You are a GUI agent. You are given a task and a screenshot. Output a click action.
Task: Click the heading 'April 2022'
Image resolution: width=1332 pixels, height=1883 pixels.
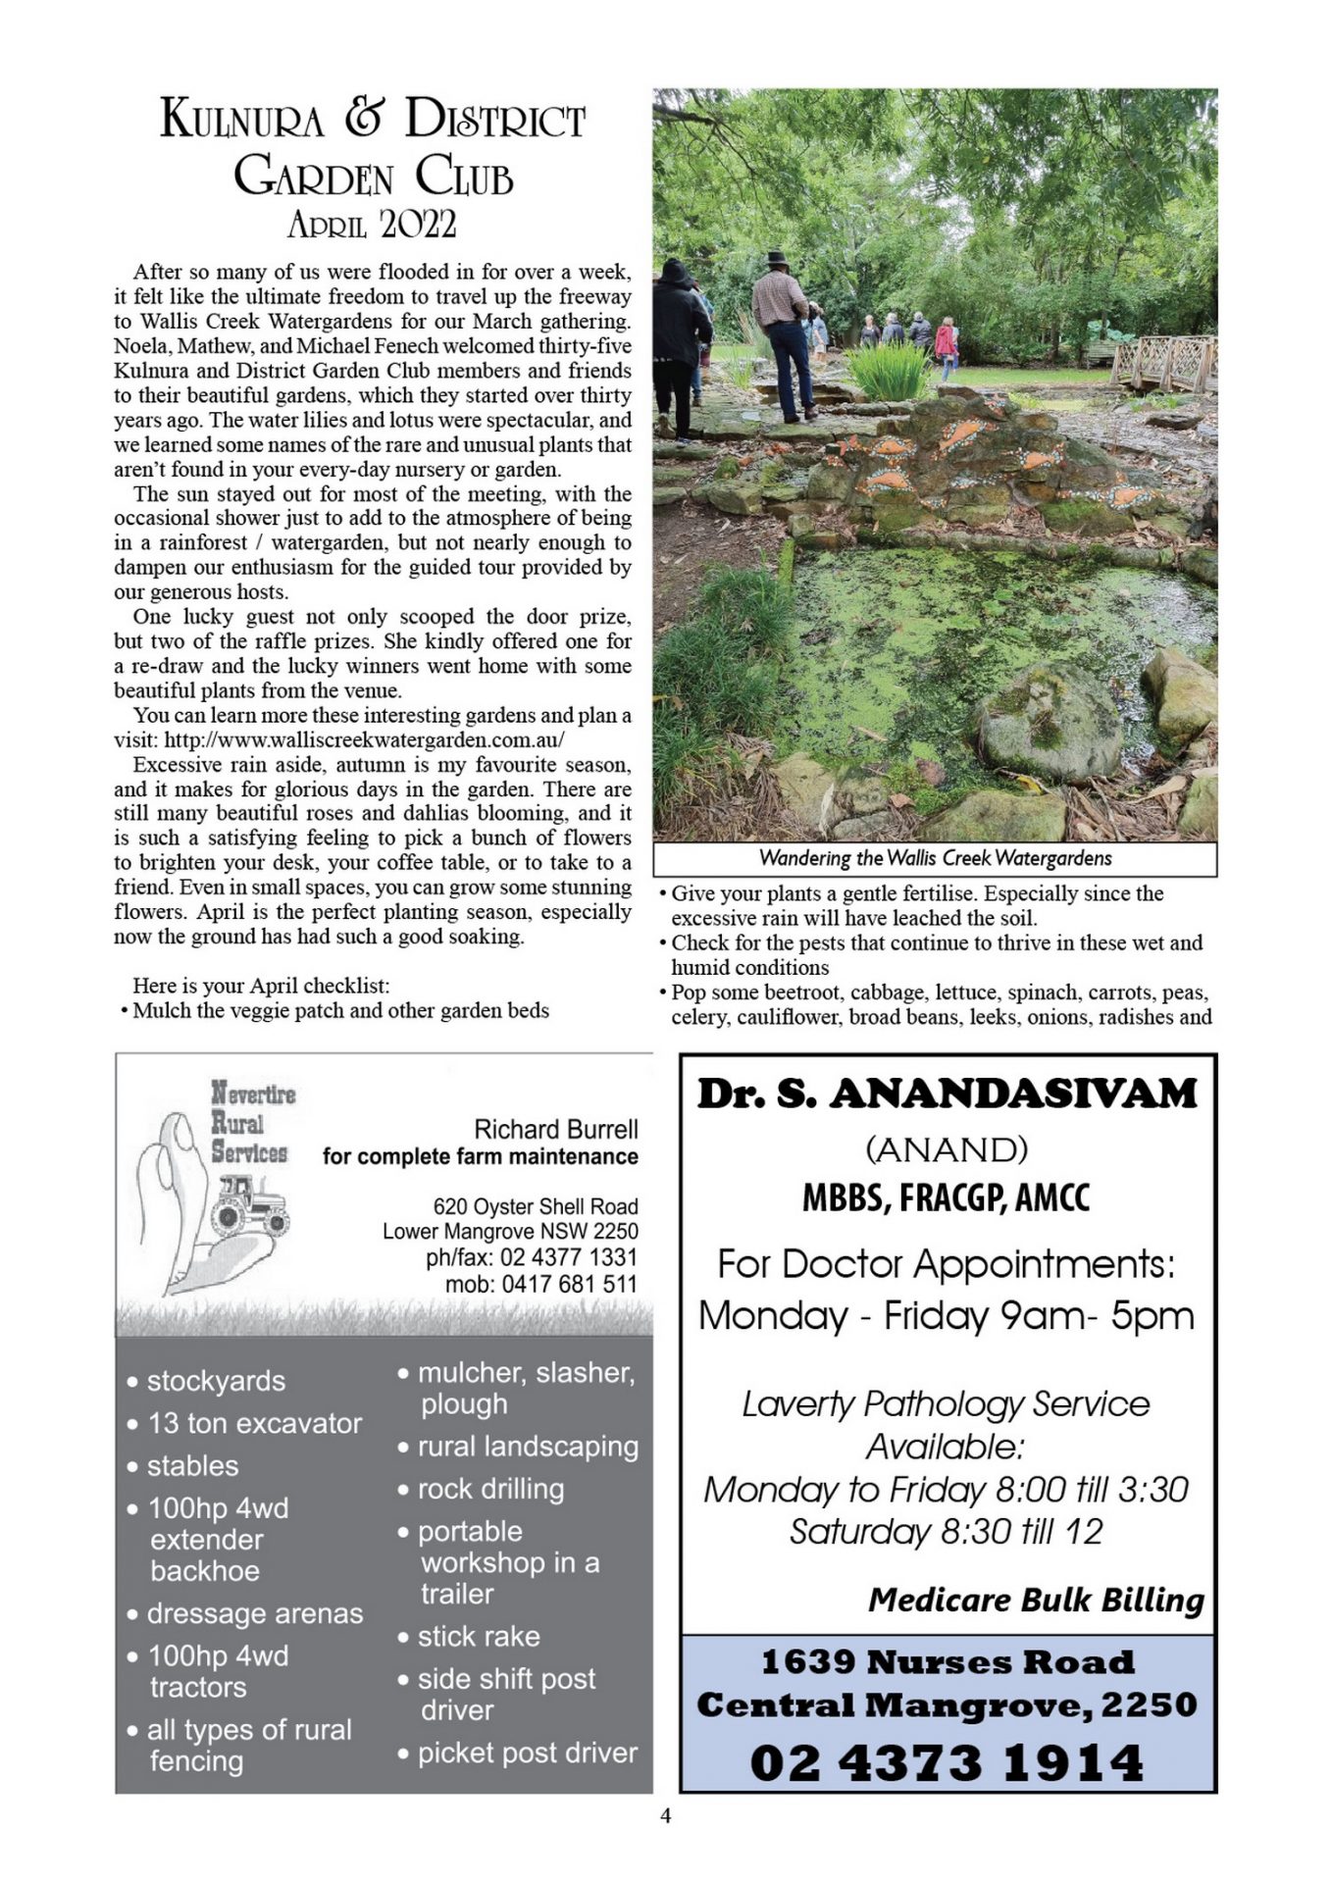pos(372,226)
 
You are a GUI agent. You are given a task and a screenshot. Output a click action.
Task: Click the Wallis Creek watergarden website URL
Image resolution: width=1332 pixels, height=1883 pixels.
pos(364,740)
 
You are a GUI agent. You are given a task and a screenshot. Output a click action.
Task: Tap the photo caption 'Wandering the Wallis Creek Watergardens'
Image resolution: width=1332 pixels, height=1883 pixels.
pos(935,858)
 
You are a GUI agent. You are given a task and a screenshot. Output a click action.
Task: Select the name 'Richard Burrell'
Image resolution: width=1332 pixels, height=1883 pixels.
pos(555,1129)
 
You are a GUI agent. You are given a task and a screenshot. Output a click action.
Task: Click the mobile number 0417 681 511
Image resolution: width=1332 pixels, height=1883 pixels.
pos(541,1284)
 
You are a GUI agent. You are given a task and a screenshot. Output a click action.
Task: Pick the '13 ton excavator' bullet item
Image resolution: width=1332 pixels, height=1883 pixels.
pos(254,1423)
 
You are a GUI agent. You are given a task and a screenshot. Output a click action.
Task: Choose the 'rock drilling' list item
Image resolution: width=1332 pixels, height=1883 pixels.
pos(490,1489)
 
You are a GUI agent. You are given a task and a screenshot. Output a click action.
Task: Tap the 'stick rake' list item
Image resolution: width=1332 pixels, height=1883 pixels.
pos(479,1636)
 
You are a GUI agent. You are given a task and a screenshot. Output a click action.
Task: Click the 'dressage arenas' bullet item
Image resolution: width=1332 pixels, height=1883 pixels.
pos(254,1613)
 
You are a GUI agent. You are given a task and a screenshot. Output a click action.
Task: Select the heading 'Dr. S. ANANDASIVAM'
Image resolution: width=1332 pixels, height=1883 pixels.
pos(947,1094)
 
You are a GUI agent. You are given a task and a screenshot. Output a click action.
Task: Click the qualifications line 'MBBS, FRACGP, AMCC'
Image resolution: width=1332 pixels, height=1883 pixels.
pos(946,1197)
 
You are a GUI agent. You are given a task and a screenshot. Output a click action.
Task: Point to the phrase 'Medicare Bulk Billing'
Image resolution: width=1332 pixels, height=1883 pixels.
pos(1036,1601)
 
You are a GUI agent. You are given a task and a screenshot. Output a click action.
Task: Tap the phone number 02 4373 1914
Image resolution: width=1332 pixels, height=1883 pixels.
pos(947,1762)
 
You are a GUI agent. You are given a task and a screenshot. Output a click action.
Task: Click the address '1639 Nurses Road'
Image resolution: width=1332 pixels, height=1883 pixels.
pos(947,1662)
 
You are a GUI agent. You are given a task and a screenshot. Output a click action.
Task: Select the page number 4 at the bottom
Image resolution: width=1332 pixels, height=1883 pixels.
pos(666,1815)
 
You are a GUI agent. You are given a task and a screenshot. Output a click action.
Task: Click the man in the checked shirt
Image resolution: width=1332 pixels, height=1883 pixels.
pos(783,333)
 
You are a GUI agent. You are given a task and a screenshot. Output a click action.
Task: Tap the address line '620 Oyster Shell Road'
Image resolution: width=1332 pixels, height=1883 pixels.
pos(536,1206)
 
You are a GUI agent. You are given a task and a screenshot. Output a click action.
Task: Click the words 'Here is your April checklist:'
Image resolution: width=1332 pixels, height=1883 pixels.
pos(261,986)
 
